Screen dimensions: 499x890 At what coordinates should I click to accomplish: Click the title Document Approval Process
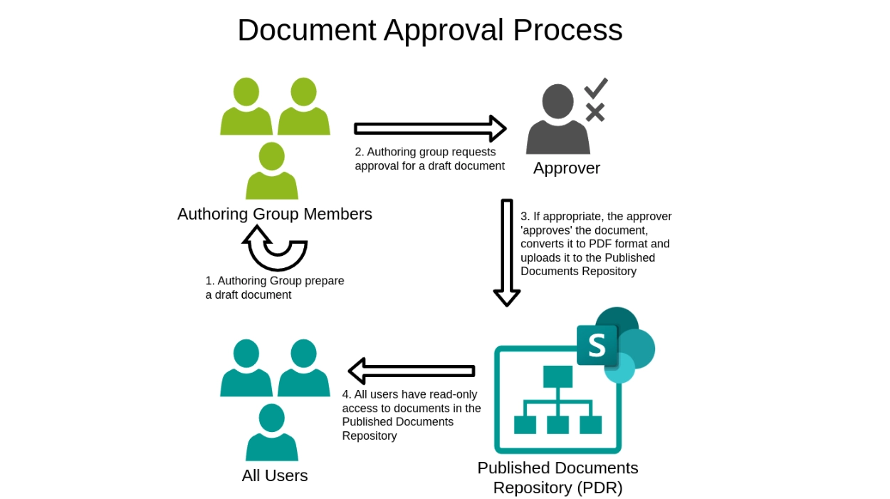[x=429, y=31]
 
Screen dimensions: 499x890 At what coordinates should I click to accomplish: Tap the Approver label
[x=566, y=168]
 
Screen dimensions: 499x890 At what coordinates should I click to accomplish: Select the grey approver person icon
[x=557, y=121]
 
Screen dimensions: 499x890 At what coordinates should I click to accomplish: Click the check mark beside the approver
[x=595, y=88]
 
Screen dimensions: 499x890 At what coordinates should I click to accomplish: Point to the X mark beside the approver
[x=595, y=112]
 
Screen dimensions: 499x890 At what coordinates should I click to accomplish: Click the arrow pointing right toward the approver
[x=429, y=128]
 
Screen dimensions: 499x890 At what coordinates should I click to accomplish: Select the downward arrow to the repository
[x=507, y=252]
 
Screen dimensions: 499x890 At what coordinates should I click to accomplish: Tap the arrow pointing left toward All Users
[x=412, y=371]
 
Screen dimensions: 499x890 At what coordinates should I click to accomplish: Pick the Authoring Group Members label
[x=274, y=214]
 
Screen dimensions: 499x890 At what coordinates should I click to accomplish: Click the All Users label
[x=274, y=475]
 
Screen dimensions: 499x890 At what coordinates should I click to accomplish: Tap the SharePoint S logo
[x=597, y=346]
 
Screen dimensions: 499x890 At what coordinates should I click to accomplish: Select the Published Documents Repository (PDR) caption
[x=557, y=478]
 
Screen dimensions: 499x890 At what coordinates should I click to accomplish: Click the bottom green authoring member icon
[x=272, y=172]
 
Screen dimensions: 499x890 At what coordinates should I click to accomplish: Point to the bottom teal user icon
[x=272, y=433]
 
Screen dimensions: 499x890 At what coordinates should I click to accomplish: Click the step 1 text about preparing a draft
[x=275, y=288]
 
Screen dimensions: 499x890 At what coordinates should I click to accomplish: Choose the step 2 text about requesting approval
[x=429, y=159]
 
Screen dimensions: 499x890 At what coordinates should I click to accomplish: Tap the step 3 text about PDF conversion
[x=596, y=244]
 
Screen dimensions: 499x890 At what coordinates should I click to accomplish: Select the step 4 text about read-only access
[x=412, y=415]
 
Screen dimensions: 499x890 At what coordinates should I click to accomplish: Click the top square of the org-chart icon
[x=557, y=376]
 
